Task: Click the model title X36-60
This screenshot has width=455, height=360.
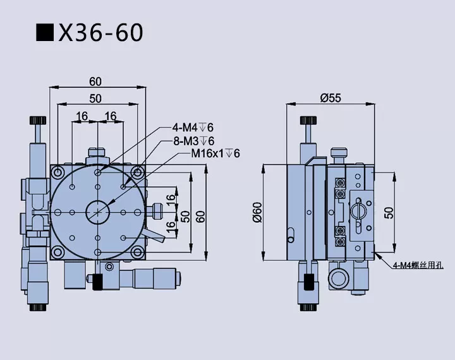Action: [100, 33]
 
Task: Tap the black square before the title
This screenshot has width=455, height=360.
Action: [45, 33]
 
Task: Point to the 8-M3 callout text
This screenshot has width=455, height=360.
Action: [193, 140]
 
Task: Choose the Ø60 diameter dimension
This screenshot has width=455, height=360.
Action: [257, 212]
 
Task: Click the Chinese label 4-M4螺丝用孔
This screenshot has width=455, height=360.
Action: [418, 265]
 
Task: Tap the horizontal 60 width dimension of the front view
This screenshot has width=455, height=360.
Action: [95, 81]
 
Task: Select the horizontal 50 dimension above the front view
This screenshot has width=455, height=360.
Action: [95, 98]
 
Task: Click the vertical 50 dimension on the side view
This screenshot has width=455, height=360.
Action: [389, 212]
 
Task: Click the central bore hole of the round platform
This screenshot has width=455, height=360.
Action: [97, 210]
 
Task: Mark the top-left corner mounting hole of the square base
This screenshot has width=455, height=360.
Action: [58, 172]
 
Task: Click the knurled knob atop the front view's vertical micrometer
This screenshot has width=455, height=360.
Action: [39, 120]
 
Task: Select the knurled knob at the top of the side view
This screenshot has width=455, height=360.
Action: [308, 120]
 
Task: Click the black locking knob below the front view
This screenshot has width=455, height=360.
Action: [97, 282]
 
